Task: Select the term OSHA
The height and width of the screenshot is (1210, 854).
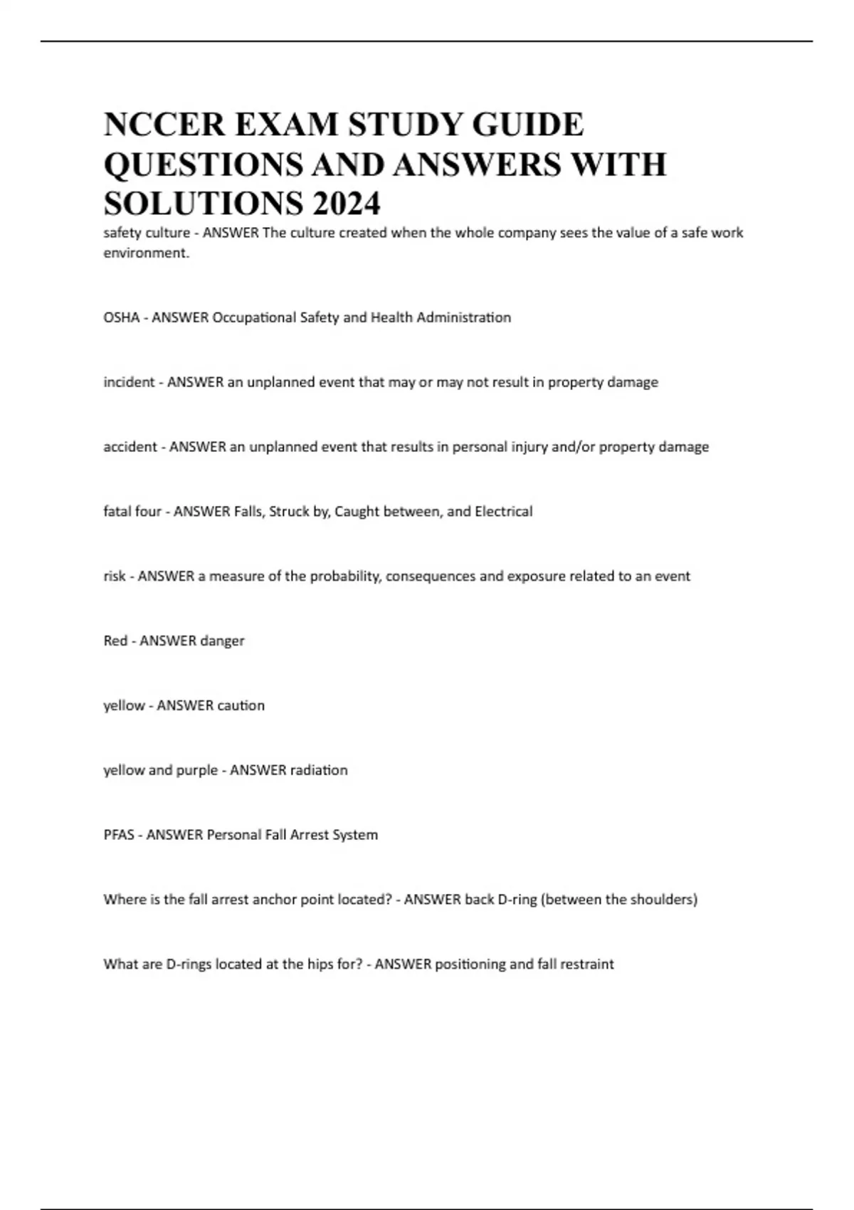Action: pyautogui.click(x=121, y=317)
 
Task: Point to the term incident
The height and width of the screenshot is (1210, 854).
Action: pyautogui.click(x=129, y=382)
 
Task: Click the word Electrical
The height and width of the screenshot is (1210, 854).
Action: pyautogui.click(x=503, y=511)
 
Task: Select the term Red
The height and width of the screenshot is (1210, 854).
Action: pyautogui.click(x=115, y=641)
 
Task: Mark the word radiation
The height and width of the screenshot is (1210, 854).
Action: pyautogui.click(x=318, y=770)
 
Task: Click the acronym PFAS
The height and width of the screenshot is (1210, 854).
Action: pyautogui.click(x=119, y=835)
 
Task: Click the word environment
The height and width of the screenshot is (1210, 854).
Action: pyautogui.click(x=146, y=253)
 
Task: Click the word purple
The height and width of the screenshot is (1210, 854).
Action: pyautogui.click(x=197, y=770)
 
